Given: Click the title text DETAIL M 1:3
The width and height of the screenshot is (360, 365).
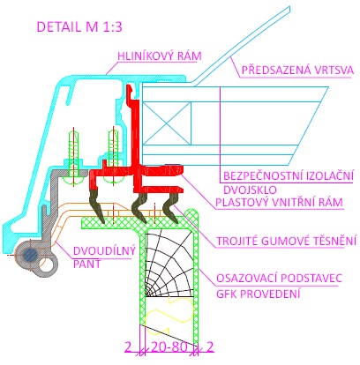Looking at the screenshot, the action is pyautogui.click(x=79, y=27).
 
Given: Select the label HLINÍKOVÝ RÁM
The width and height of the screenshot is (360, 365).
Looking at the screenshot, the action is pyautogui.click(x=160, y=56).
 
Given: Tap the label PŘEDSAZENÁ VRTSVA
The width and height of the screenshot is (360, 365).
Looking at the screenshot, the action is pyautogui.click(x=297, y=71).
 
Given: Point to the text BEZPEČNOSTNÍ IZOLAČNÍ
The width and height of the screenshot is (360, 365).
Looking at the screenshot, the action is pyautogui.click(x=289, y=175).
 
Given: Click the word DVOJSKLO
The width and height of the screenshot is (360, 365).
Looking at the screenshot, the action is pyautogui.click(x=250, y=190).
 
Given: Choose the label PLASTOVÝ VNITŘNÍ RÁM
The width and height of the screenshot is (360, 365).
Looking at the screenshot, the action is pyautogui.click(x=279, y=202).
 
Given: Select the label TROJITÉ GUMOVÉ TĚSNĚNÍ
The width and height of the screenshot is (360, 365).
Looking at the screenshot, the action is pyautogui.click(x=287, y=241).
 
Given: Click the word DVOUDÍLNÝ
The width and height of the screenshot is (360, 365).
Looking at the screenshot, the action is pyautogui.click(x=104, y=250).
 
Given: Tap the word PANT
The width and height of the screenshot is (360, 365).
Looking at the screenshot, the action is pyautogui.click(x=86, y=264).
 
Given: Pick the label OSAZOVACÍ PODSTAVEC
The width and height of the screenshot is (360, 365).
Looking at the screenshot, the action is pyautogui.click(x=280, y=278).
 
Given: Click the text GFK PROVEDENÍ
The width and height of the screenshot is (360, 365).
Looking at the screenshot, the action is pyautogui.click(x=259, y=294).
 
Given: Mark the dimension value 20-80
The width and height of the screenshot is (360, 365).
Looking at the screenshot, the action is pyautogui.click(x=169, y=346).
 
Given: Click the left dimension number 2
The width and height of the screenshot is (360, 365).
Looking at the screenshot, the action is pyautogui.click(x=128, y=346).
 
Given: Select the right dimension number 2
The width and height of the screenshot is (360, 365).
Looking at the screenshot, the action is pyautogui.click(x=209, y=346).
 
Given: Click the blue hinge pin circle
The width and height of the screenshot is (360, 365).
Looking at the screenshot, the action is pyautogui.click(x=31, y=255).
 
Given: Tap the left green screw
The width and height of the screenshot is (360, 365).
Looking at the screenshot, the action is pyautogui.click(x=73, y=157).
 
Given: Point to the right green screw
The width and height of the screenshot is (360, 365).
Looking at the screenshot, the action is pyautogui.click(x=113, y=156).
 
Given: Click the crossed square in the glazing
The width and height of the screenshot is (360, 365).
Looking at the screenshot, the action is pyautogui.click(x=167, y=123).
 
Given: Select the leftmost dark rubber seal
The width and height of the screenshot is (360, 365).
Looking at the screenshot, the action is pyautogui.click(x=96, y=205).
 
